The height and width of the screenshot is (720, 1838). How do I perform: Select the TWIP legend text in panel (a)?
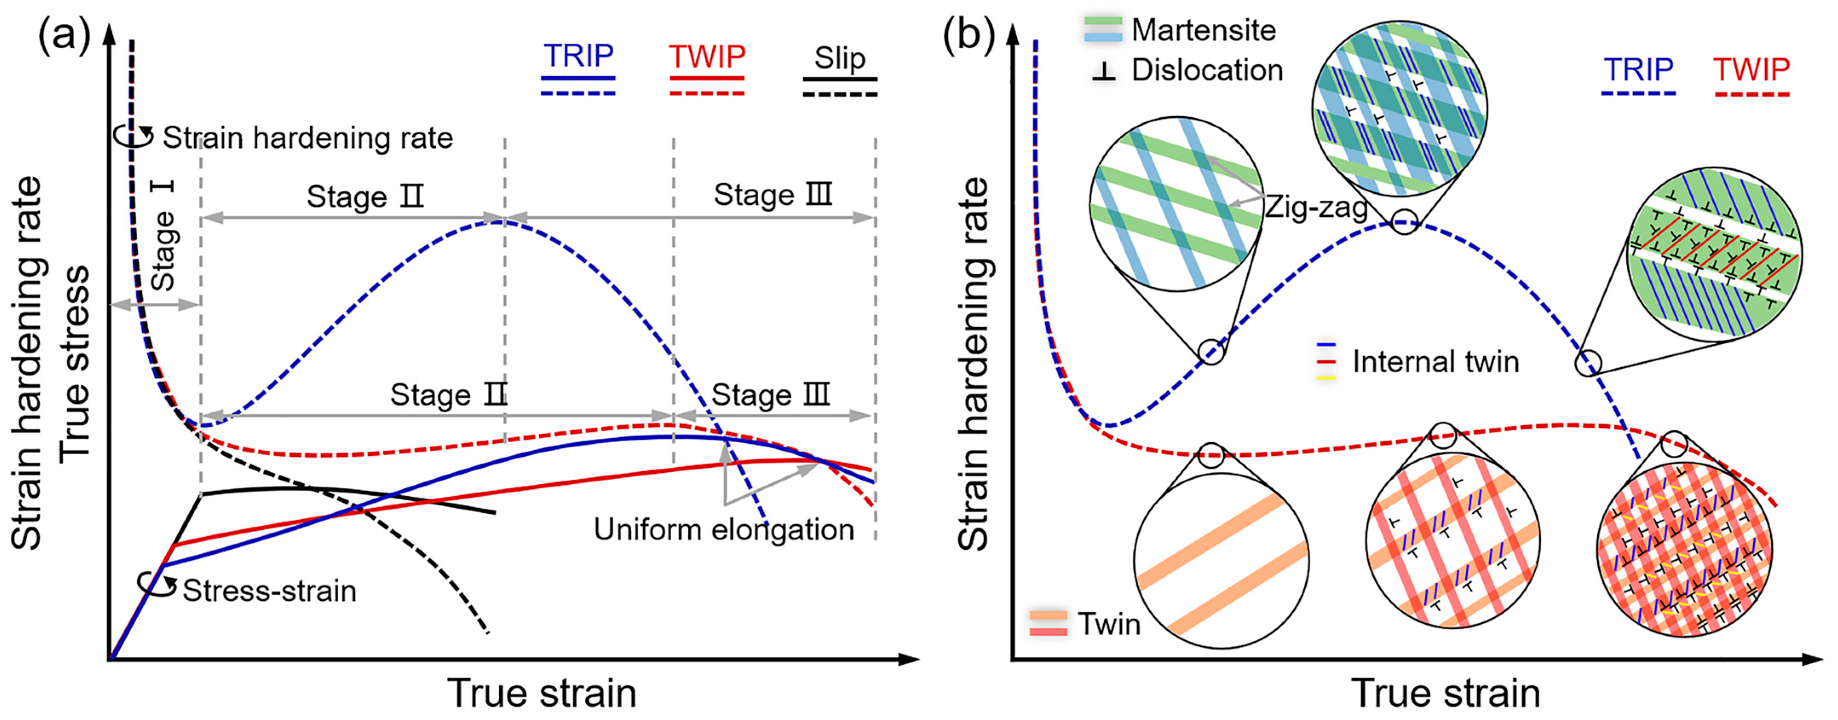(x=706, y=56)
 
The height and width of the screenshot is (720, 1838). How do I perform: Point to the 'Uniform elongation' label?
(x=724, y=530)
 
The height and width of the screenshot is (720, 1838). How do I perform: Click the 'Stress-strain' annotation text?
(x=269, y=591)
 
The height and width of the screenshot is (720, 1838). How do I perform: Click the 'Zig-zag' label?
(x=1317, y=207)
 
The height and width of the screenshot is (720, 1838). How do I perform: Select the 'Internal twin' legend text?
(x=1435, y=362)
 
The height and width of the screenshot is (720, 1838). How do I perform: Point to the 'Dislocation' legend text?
(x=1207, y=70)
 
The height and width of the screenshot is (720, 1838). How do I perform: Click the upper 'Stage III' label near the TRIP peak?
(x=773, y=195)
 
